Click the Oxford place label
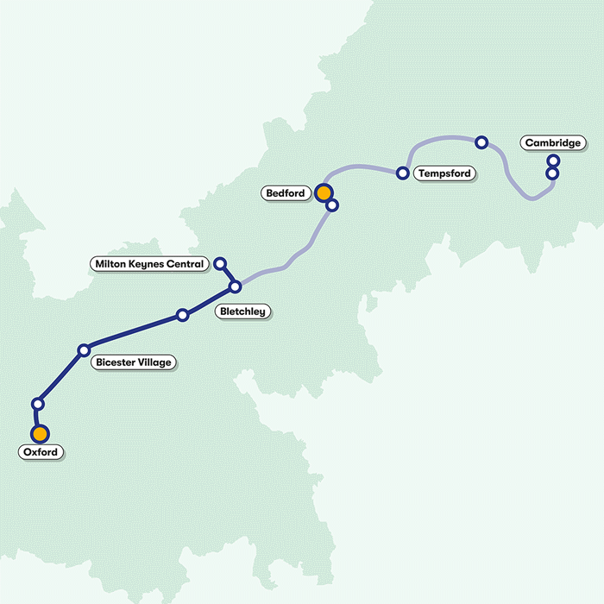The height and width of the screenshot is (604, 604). pos(41,452)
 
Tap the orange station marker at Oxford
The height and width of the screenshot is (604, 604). pos(39,433)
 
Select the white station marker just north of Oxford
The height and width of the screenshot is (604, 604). pos(37,403)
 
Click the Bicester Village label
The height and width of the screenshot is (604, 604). pos(134,362)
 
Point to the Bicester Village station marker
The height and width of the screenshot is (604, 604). pos(84,349)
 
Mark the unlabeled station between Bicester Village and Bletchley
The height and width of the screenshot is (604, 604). pos(182,315)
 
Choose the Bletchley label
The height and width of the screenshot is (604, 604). pos(242,311)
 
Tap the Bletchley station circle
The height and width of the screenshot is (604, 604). pos(235,286)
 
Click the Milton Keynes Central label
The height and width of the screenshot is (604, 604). pos(151,263)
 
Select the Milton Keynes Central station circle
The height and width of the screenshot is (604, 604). pos(219,263)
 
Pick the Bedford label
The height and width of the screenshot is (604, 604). pos(286,193)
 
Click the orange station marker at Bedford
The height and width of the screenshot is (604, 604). pos(324,192)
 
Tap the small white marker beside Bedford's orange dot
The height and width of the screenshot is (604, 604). pos(332,205)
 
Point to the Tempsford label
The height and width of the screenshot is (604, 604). pos(444,173)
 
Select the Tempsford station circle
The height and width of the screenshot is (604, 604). pos(402,173)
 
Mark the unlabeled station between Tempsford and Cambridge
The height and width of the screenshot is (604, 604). pos(481,142)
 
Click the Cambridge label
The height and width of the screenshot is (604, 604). pos(552,142)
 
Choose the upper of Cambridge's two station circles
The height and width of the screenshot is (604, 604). pos(553,160)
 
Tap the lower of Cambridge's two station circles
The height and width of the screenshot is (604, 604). pos(552,173)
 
